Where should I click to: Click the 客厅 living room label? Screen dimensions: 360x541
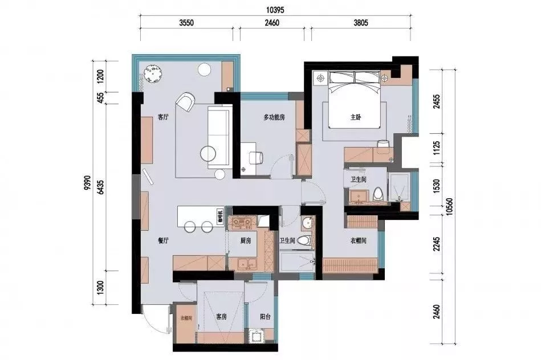[163, 118]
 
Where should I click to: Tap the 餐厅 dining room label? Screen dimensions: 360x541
[163, 241]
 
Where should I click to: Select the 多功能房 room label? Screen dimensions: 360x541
[274, 117]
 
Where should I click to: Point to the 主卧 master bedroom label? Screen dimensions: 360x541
[356, 118]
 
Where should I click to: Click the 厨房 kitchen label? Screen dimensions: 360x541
[245, 241]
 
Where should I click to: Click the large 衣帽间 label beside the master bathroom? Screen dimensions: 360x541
[358, 241]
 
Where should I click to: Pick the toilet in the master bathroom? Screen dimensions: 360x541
[376, 194]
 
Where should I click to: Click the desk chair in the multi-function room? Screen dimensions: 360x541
[255, 158]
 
